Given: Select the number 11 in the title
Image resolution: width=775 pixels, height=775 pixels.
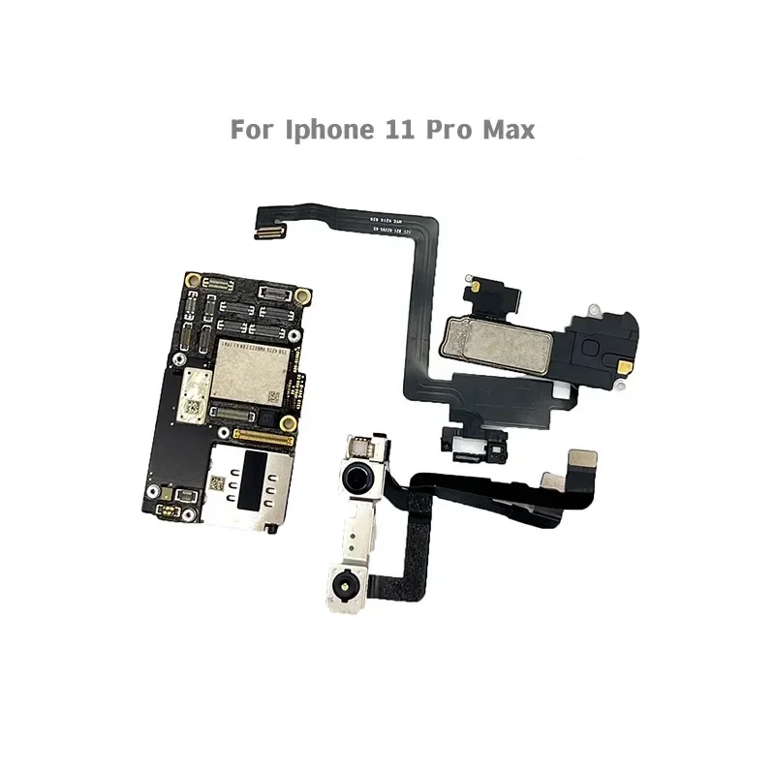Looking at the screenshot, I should pos(392,130).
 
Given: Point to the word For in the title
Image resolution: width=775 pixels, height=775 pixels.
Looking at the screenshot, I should pos(251,130).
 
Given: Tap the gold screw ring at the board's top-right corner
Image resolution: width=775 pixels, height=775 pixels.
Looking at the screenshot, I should pos(303,294).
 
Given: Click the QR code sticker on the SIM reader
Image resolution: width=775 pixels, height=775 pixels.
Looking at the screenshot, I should pos(218,480).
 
